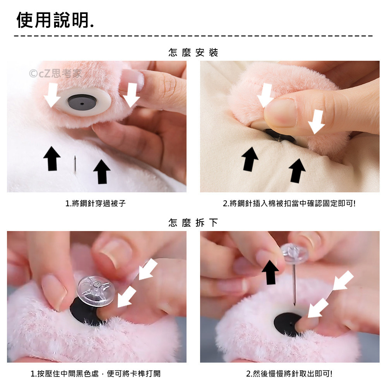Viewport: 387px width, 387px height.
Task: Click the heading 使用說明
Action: [x=55, y=20]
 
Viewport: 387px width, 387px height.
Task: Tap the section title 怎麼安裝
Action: [x=193, y=52]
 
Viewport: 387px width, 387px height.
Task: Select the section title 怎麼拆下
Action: [x=193, y=223]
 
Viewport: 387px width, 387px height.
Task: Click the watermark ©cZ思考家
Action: [x=55, y=73]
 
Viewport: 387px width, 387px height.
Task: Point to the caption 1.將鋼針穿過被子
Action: [x=96, y=204]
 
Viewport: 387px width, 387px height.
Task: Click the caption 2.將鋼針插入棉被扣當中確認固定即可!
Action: [x=289, y=204]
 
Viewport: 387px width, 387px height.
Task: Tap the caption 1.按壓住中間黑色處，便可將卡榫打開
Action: [x=96, y=374]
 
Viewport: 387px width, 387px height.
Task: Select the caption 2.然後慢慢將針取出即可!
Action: [x=289, y=374]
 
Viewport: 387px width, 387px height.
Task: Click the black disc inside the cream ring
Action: [x=82, y=102]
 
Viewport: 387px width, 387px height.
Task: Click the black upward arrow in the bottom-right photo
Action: [x=270, y=272]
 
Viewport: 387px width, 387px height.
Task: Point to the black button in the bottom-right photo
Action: [x=288, y=324]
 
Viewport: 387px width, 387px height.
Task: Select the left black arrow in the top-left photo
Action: [x=52, y=158]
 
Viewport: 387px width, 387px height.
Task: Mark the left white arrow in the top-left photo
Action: [x=52, y=95]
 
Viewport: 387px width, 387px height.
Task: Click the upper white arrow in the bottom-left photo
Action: [x=148, y=269]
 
